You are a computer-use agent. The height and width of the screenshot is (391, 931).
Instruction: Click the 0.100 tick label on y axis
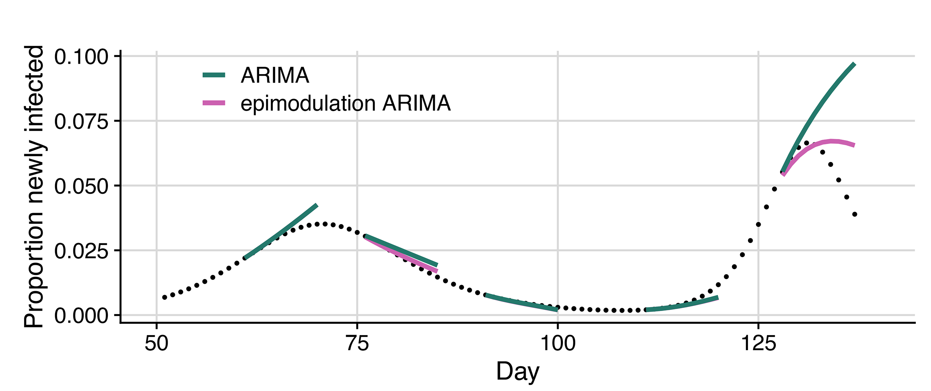(x=81, y=57)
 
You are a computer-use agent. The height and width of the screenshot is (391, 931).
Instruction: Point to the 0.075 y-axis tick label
(x=81, y=122)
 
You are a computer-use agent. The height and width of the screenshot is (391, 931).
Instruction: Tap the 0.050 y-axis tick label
(x=81, y=187)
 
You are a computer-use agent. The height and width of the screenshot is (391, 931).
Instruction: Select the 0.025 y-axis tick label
(x=81, y=252)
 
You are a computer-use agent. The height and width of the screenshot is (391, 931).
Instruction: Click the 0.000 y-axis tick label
(x=81, y=316)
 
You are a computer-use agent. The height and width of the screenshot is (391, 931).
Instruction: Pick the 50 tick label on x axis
(x=156, y=344)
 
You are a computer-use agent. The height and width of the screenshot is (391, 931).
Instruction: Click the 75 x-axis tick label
(x=357, y=344)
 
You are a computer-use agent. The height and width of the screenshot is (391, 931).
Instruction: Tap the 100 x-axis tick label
(x=557, y=344)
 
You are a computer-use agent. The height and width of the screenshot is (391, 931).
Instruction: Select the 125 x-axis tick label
(x=758, y=344)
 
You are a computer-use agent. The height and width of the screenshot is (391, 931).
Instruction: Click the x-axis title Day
(x=517, y=372)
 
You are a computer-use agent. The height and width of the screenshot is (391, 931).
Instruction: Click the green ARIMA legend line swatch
(x=214, y=75)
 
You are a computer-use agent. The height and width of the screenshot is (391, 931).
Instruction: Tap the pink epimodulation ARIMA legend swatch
(x=214, y=103)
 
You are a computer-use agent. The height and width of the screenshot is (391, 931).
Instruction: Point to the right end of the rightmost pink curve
(x=854, y=145)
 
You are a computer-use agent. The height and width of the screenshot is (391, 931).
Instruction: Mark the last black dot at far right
(x=855, y=214)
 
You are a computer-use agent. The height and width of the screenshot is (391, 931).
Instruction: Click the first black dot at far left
(x=164, y=297)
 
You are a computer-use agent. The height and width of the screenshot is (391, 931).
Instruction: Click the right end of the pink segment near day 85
(x=437, y=271)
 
